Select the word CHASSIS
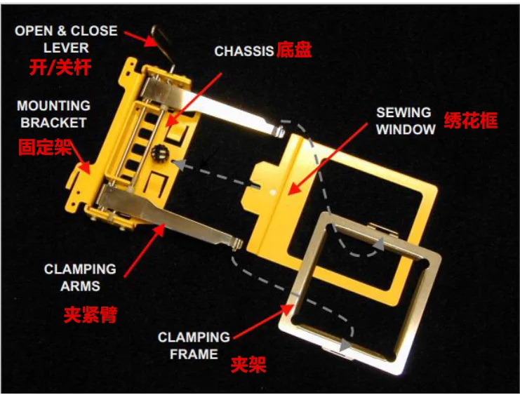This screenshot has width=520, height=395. (244, 52)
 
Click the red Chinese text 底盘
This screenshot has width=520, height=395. (294, 51)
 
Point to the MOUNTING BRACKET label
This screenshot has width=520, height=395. (53, 114)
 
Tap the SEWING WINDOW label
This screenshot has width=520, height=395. (404, 121)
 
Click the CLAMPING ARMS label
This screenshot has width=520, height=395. (81, 277)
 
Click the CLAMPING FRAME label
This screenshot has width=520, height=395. (194, 346)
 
